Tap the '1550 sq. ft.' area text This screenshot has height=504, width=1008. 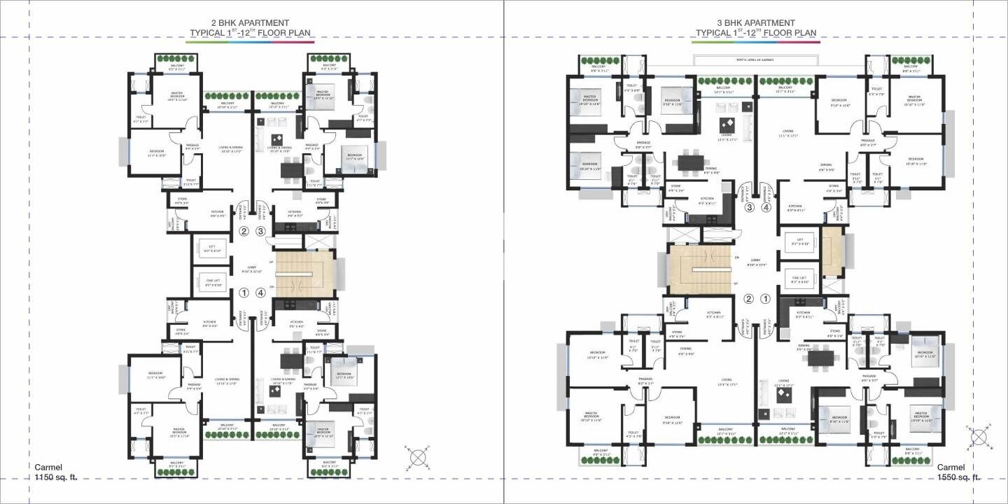[958, 477]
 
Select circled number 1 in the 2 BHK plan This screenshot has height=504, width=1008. [244, 293]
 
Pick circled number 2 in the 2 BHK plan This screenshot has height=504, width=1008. [244, 231]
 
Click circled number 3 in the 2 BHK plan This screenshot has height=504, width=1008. [261, 231]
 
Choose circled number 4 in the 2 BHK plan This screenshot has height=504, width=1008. [261, 293]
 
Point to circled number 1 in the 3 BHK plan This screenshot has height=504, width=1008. [765, 299]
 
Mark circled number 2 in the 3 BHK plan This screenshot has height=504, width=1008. [748, 299]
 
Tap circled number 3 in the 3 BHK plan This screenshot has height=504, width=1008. [749, 207]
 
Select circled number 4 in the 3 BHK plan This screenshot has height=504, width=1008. [766, 207]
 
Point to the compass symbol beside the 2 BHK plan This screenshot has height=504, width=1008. [418, 456]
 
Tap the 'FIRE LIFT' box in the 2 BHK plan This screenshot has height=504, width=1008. [210, 283]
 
